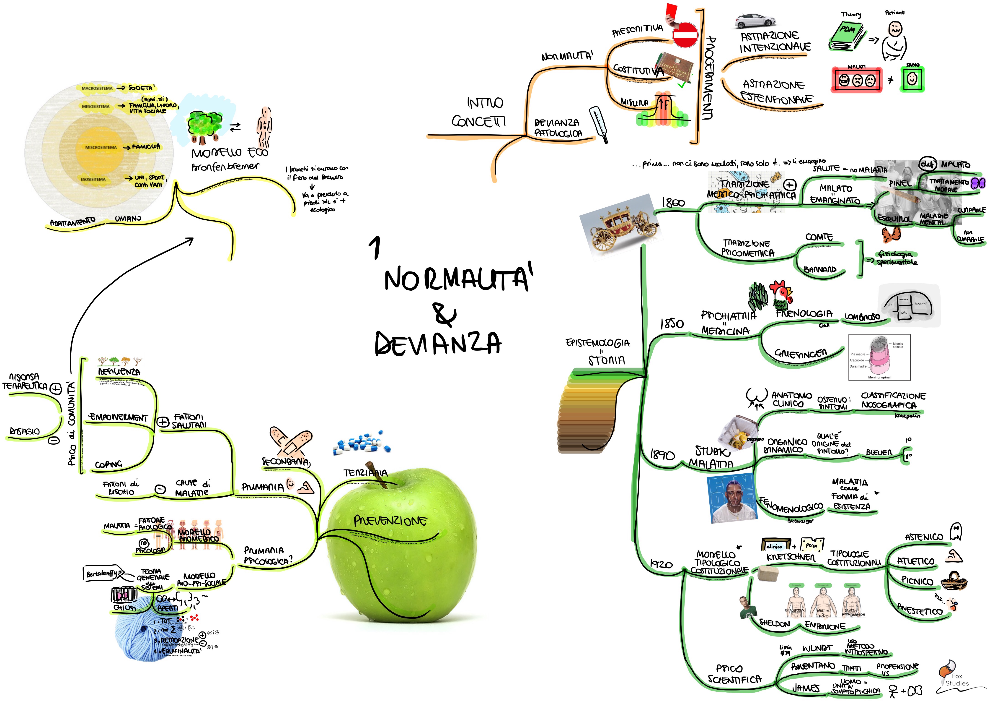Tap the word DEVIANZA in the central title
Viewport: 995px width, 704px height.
pos(438,344)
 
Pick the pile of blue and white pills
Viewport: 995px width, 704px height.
pos(362,443)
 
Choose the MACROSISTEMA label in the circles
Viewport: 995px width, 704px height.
pos(97,88)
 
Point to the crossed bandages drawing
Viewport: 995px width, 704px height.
pos(289,440)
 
